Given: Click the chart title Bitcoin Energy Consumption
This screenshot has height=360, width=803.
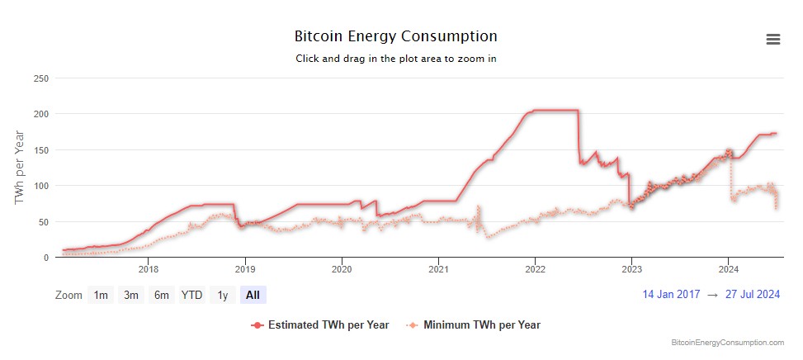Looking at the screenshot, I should point(396,36).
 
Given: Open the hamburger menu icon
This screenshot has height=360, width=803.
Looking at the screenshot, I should point(773,40).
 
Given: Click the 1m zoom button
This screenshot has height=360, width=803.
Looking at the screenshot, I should point(101,295).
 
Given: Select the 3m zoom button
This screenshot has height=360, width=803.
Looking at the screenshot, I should point(131,295).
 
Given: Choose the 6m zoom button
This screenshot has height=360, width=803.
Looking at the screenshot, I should point(162,295).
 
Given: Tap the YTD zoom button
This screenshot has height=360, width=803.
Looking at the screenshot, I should point(192,295).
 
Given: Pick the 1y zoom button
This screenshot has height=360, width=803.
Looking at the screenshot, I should point(223,295).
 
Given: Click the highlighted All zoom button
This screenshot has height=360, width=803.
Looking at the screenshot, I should point(253,295).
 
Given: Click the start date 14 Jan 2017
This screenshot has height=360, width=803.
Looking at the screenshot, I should point(672,294).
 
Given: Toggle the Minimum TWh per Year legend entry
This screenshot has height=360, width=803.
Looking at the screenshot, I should point(481,324).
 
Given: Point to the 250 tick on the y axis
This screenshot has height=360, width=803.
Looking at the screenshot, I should point(40,78).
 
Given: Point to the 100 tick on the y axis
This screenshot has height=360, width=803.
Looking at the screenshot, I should point(40,186).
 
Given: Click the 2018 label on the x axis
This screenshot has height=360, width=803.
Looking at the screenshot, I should point(149,268).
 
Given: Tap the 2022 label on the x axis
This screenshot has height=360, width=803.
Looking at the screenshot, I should point(535,268).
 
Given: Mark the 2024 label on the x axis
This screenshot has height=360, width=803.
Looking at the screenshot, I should point(728,268).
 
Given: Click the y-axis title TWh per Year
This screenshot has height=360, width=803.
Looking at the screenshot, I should point(19,168).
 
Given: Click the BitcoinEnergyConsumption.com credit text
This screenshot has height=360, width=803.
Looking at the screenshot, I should point(728,342).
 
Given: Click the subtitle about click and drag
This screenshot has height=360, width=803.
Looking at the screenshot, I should point(396,59).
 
